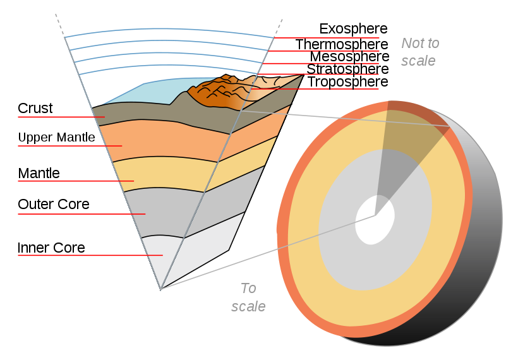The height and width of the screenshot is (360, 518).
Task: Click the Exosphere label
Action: [353, 29]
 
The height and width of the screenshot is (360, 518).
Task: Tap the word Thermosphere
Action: [342, 44]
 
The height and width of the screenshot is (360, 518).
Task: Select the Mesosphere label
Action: [349, 56]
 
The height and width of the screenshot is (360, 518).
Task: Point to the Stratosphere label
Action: [347, 69]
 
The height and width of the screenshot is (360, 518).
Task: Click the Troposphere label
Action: [348, 82]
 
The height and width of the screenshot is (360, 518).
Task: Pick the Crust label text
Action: [35, 108]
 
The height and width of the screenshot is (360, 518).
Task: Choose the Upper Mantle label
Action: [56, 138]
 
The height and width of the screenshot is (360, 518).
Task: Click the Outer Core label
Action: [54, 204]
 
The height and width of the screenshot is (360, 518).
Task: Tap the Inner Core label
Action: [51, 248]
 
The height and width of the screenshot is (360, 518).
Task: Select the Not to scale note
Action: [420, 52]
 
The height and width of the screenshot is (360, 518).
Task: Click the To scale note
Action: [248, 297]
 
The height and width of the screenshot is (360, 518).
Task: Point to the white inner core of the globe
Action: [375, 220]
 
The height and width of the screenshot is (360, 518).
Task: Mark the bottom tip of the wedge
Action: [161, 290]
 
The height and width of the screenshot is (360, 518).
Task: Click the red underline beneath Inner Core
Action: [90, 255]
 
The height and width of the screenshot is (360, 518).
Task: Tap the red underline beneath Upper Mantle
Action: [70, 146]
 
